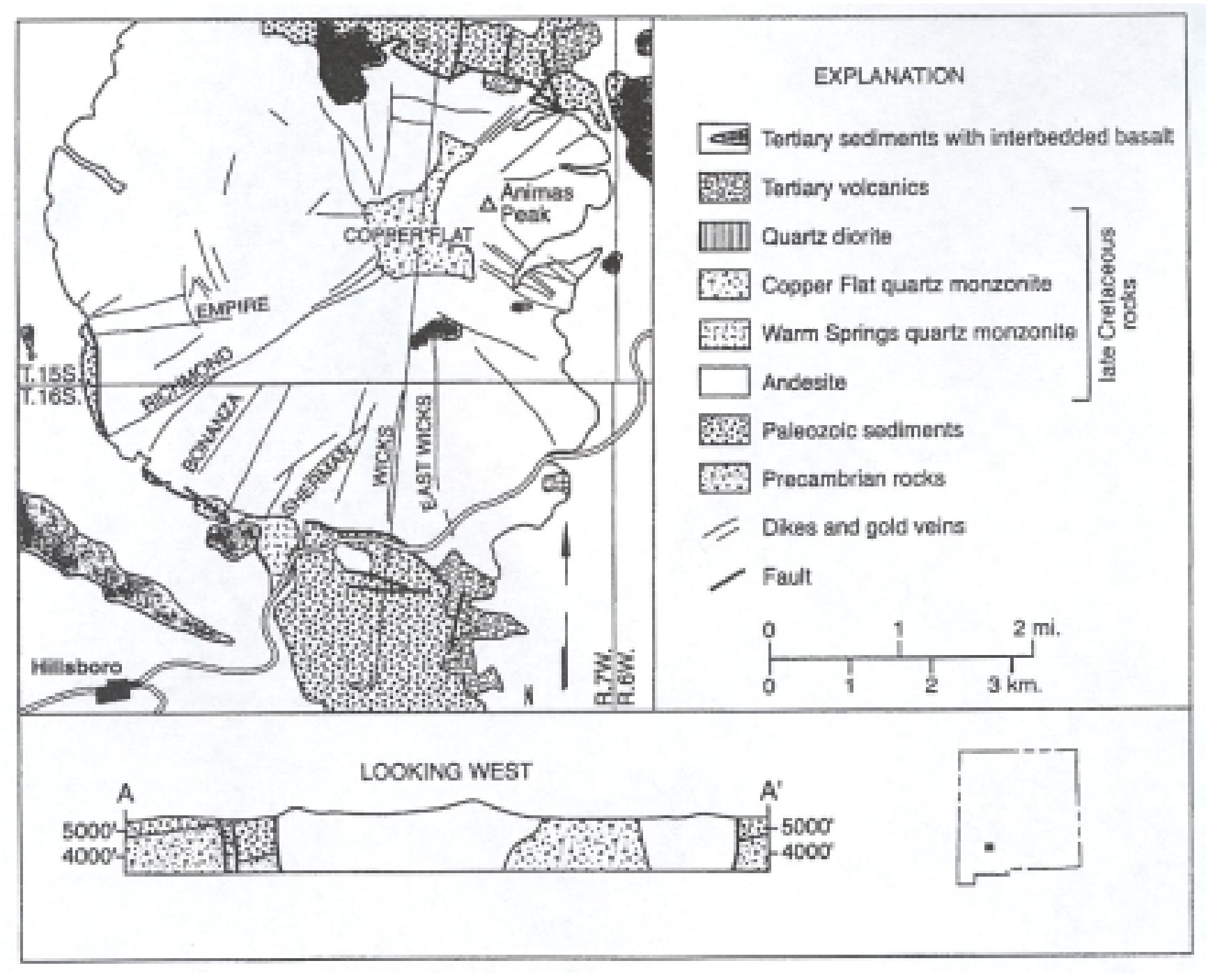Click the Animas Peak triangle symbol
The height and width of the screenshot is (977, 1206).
pos(489,205)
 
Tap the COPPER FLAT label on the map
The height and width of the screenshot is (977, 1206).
pos(408,236)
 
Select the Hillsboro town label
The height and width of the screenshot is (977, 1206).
pos(77,668)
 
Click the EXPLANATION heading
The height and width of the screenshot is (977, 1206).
pos(889,76)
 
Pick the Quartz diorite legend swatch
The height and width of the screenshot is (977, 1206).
pos(724,236)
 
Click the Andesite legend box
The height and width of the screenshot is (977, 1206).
pos(724,382)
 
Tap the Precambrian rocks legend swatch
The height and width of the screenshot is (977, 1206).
pos(724,479)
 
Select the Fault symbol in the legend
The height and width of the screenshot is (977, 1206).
pos(727,580)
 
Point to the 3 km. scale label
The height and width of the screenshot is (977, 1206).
pos(1014,685)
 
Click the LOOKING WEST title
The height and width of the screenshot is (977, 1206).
pos(446,772)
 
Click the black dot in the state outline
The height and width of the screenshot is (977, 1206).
pos(989,847)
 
